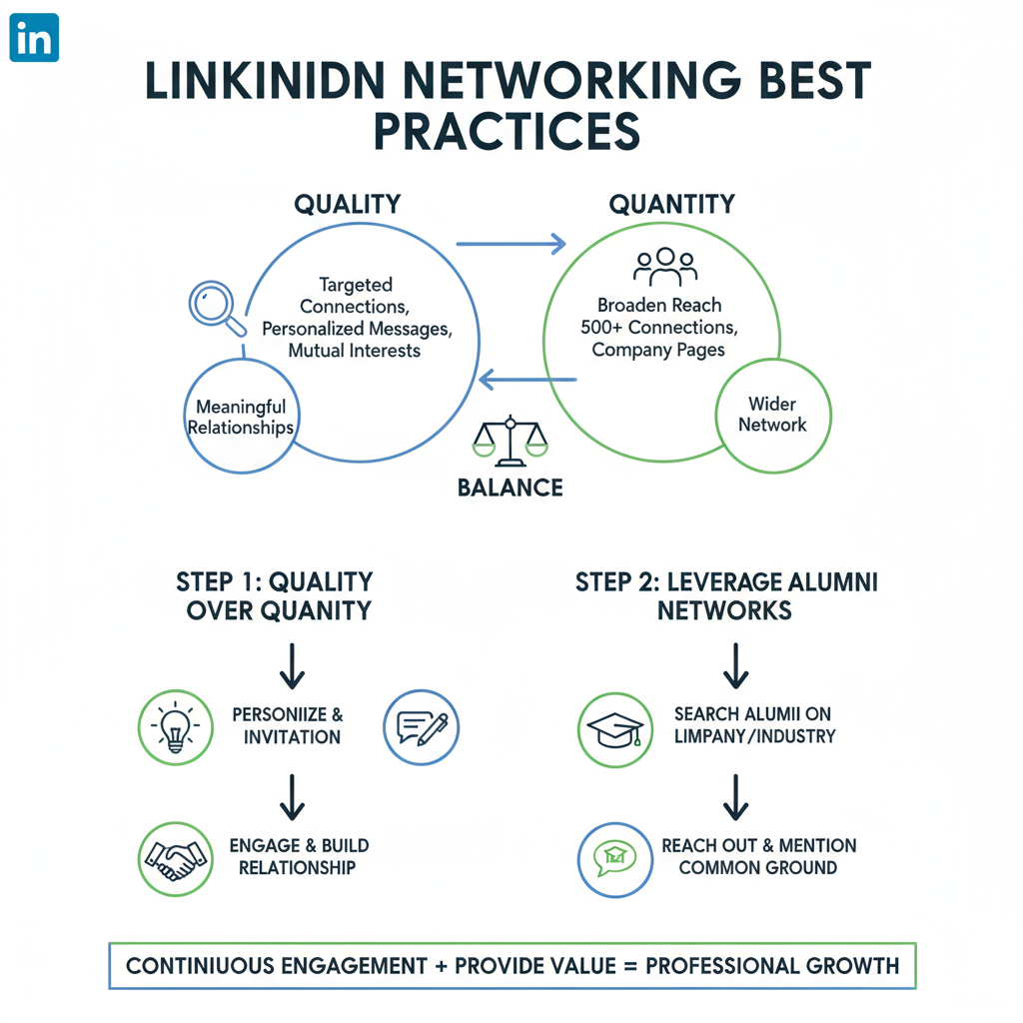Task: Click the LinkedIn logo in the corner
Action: point(34,38)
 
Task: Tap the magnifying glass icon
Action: point(214,306)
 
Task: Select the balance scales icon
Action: point(511,439)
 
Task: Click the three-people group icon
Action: point(665,266)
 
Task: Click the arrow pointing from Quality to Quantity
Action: point(511,243)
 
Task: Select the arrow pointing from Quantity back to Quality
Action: point(527,380)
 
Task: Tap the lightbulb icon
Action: point(175,727)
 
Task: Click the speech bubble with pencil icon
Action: point(422,727)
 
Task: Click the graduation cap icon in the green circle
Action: point(615,728)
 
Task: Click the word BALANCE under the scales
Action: point(510,489)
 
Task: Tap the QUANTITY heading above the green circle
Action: point(671,205)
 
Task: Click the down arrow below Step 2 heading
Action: point(735,664)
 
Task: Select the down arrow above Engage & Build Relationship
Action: point(292,795)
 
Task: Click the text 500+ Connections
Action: point(658,328)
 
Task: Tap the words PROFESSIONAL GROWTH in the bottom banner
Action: point(772,966)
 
